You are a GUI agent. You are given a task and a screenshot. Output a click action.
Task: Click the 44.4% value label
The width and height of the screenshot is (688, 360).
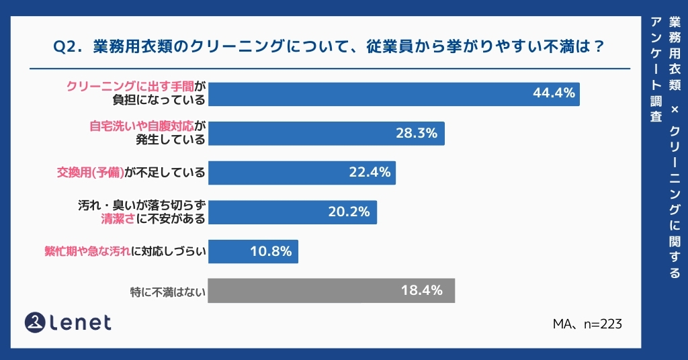coord(554,93)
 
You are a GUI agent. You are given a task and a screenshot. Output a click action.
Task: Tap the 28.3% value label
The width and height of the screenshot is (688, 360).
coord(417,133)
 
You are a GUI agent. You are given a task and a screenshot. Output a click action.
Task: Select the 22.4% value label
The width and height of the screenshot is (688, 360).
coord(370,172)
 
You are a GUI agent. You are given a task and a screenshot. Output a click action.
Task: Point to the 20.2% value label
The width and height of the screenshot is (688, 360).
coord(349,212)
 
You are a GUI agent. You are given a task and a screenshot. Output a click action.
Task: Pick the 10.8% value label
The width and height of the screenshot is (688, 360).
coord(270,251)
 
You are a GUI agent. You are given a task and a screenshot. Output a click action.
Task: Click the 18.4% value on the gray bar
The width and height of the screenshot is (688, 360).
coord(421,290)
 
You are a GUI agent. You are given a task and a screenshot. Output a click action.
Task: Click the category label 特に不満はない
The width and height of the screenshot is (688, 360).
coord(167,291)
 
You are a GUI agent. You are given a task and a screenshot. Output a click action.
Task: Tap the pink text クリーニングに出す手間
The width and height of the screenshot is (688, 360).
coord(130,87)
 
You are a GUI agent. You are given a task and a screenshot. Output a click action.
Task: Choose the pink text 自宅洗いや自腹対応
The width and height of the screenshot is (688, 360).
coord(142,126)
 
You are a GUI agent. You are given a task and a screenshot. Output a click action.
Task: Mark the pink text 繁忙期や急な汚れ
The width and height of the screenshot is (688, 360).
coord(87,252)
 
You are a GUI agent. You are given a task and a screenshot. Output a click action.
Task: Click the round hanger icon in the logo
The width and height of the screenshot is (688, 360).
coord(35,322)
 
